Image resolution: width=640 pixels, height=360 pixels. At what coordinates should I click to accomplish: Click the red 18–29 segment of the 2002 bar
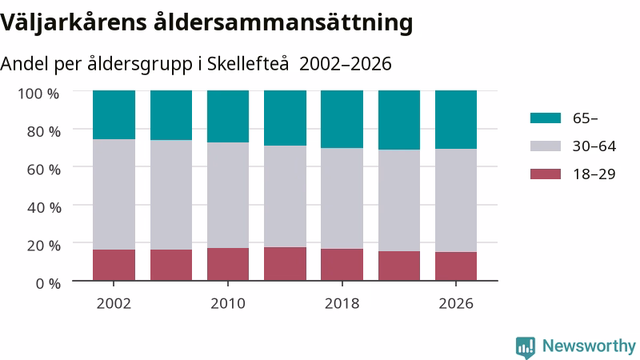[x=114, y=265]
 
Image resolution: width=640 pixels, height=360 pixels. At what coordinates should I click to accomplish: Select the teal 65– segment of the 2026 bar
[x=456, y=119]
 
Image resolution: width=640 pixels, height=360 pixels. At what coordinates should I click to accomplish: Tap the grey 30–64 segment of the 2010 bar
[x=228, y=195]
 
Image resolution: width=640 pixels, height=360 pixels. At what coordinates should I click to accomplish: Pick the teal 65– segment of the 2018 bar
[x=342, y=119]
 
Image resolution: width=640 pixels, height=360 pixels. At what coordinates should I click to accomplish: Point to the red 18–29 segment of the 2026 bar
[x=456, y=266]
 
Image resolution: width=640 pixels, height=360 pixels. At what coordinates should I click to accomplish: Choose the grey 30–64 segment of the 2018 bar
[x=342, y=198]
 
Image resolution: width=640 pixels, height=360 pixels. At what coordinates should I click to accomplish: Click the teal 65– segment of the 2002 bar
[x=114, y=115]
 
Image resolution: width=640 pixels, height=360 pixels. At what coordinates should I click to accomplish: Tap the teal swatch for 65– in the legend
[x=546, y=118]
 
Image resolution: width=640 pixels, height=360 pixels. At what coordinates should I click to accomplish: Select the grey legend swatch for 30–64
[x=546, y=146]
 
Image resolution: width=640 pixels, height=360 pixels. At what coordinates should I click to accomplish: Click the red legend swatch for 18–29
[x=546, y=174]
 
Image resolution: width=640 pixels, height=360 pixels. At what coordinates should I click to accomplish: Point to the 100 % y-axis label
[x=38, y=94]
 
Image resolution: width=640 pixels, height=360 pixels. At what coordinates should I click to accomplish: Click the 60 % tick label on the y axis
[x=44, y=170]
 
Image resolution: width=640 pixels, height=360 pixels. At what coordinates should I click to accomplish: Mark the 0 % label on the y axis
[x=48, y=283]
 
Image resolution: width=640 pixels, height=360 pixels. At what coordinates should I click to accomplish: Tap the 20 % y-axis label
[x=44, y=246]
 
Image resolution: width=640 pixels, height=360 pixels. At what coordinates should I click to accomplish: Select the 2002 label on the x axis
[x=114, y=304]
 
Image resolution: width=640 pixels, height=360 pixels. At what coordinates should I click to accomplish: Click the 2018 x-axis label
[x=342, y=304]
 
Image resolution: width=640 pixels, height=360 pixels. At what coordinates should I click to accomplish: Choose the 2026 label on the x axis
[x=456, y=304]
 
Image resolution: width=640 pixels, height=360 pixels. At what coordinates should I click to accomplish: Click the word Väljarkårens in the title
[x=74, y=22]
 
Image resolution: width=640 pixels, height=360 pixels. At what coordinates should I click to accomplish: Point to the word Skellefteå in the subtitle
[x=248, y=64]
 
